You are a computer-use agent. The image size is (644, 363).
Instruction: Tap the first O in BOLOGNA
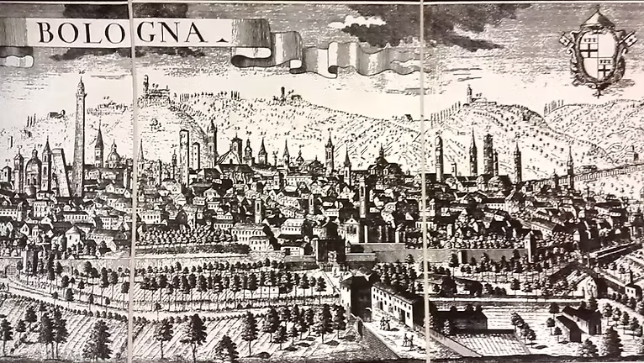click(x=72, y=32)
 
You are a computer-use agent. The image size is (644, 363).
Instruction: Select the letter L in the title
click(x=95, y=32)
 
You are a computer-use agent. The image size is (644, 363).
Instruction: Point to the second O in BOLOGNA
click(x=119, y=32)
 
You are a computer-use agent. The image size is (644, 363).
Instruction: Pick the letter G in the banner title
click(x=146, y=32)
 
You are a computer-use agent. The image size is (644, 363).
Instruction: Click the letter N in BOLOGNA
click(x=174, y=32)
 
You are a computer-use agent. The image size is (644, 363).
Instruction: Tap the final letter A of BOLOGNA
click(x=200, y=32)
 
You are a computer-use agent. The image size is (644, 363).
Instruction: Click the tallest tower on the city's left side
click(x=79, y=134)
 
